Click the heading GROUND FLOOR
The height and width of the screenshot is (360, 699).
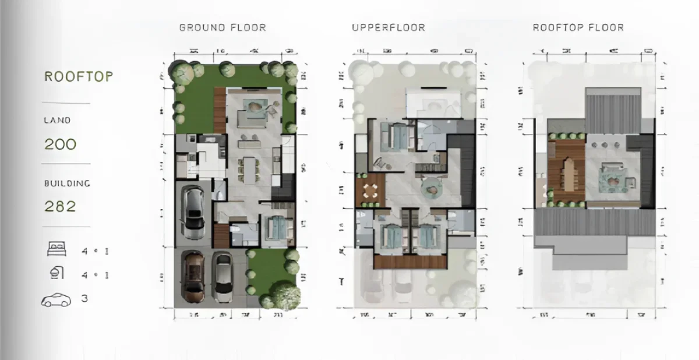click(223, 27)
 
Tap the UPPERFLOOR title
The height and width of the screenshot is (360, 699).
click(388, 27)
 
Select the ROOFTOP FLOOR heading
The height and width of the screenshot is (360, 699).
click(578, 27)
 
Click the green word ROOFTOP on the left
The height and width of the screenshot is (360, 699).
click(79, 77)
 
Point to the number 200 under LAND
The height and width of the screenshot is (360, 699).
click(60, 144)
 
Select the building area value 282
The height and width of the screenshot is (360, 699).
click(60, 206)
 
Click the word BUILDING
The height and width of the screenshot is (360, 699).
click(67, 183)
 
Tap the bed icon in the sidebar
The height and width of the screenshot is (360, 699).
click(57, 250)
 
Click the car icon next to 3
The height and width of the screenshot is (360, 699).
click(56, 300)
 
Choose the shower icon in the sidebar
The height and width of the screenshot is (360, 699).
click(57, 274)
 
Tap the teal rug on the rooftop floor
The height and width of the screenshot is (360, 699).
click(615, 178)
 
